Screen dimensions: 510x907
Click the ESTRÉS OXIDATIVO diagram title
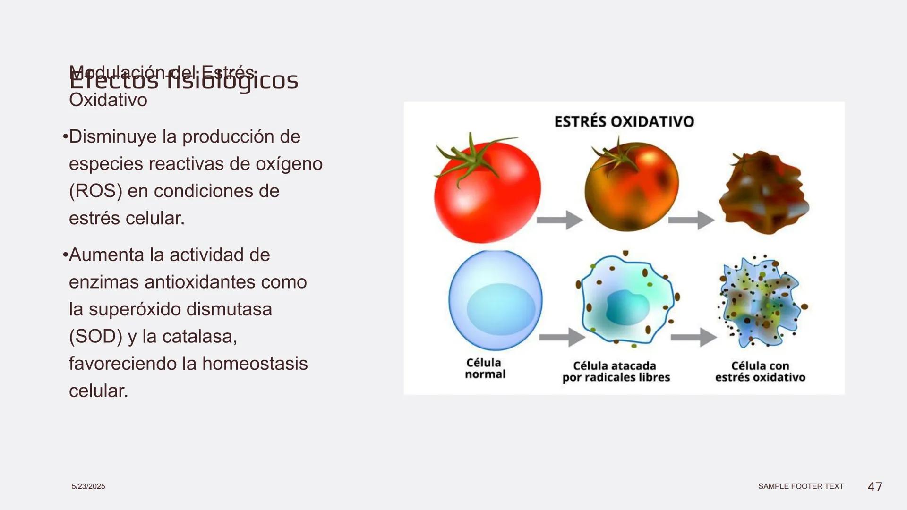point(624,121)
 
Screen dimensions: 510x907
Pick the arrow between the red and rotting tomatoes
point(559,220)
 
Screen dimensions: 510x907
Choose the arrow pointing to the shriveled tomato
point(691,220)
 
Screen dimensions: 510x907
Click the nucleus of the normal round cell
point(501,309)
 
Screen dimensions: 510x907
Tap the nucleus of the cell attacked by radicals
point(626,307)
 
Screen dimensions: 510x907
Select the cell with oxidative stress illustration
point(762,302)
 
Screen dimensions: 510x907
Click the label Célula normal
point(485,368)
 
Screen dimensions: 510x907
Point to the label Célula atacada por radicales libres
point(616,372)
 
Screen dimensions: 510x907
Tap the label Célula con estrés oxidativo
point(760,372)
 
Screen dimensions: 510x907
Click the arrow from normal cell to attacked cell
point(562,337)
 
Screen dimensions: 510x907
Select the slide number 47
point(875,486)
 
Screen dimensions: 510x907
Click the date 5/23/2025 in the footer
point(88,486)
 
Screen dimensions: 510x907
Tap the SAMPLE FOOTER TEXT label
point(801,486)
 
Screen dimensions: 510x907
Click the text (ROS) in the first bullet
point(95,191)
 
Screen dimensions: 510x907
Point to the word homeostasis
point(255,364)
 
